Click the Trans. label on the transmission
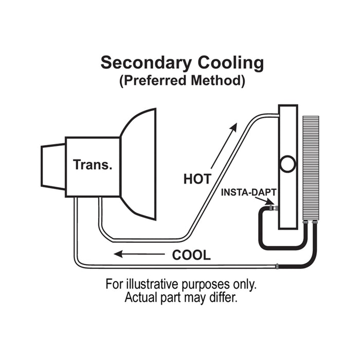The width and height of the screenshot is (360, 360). [93, 165]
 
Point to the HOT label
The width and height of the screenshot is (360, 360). [197, 179]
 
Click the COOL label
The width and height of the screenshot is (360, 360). [191, 255]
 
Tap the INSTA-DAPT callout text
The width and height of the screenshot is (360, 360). [249, 192]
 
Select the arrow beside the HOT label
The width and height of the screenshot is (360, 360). [224, 146]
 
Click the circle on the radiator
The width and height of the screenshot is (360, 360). [287, 165]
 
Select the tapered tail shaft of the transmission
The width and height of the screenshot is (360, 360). [53, 166]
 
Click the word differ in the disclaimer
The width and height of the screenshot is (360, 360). [224, 298]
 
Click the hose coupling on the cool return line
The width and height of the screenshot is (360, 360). [277, 267]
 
